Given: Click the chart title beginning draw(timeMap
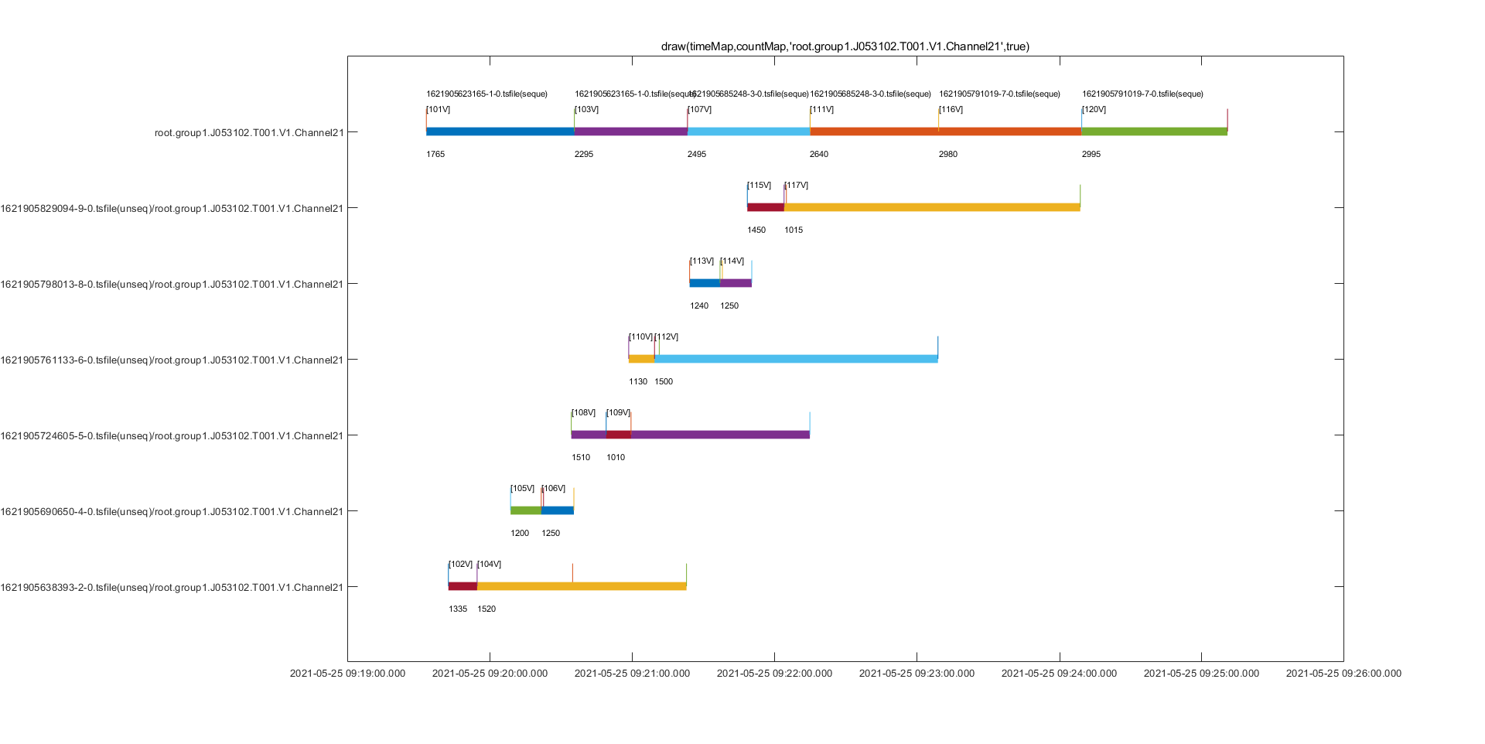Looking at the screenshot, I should (x=845, y=46).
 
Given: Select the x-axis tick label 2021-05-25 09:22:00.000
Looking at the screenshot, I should (x=774, y=674).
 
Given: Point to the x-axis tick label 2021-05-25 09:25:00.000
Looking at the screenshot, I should (x=1201, y=674).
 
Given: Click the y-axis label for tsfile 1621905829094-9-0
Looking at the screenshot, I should (x=172, y=209).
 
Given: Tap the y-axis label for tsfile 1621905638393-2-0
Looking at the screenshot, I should (x=172, y=588).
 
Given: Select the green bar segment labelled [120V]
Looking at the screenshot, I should (x=1154, y=131).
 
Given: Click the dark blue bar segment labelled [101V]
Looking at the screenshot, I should (x=500, y=131).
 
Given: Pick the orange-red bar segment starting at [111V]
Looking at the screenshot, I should (x=945, y=131).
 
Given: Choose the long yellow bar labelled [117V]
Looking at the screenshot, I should (x=932, y=207).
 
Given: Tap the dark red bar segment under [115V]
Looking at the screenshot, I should (x=766, y=207).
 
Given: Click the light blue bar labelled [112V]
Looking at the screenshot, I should (x=796, y=359).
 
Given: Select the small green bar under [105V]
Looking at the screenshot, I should (x=526, y=510).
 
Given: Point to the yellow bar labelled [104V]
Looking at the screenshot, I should (x=582, y=586).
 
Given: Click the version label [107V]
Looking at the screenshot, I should (x=700, y=110).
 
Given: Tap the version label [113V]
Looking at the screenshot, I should (x=702, y=261).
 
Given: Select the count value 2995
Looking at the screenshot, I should (x=1091, y=155).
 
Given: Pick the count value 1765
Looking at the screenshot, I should (x=435, y=155).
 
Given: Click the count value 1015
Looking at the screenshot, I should (x=794, y=230).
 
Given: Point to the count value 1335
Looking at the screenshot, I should (x=458, y=609).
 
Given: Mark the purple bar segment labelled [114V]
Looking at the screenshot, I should (x=736, y=283).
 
